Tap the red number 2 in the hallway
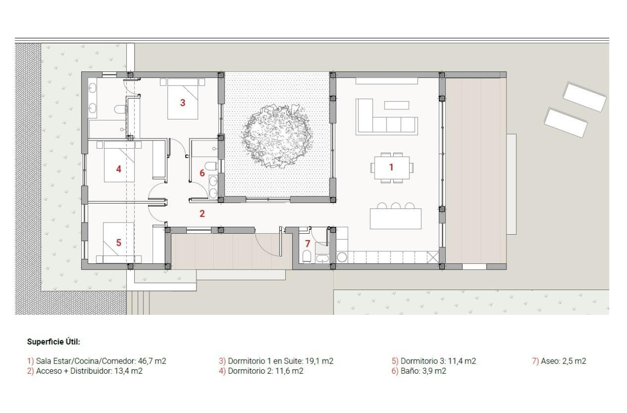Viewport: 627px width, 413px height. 202,213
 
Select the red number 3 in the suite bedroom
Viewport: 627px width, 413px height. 183,103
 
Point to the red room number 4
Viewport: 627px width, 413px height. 118,169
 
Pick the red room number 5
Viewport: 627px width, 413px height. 118,242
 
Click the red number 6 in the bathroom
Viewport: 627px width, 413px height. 202,173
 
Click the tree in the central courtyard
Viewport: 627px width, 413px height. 276,136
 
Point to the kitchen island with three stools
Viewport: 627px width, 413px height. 396,219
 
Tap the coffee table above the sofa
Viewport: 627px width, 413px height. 397,105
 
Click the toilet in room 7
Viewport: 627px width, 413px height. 307,256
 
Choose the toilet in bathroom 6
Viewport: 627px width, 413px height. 210,166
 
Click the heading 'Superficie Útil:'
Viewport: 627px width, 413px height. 53,342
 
